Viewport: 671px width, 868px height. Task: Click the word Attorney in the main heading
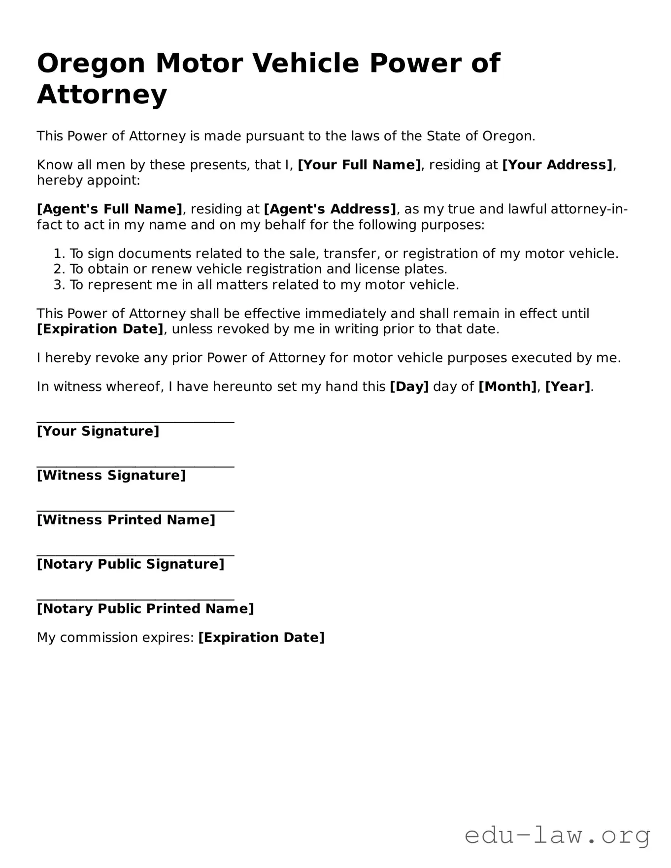pyautogui.click(x=102, y=95)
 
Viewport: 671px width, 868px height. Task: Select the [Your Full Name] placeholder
pyautogui.click(x=359, y=165)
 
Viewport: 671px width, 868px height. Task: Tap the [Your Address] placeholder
pyautogui.click(x=557, y=165)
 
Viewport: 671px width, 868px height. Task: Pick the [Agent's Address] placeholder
pyautogui.click(x=330, y=209)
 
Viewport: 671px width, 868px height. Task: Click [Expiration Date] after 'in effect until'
pyautogui.click(x=100, y=329)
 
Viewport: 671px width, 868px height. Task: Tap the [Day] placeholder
pyautogui.click(x=409, y=387)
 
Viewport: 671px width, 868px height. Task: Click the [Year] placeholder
pyautogui.click(x=568, y=387)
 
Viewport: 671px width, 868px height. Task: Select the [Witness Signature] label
pyautogui.click(x=111, y=476)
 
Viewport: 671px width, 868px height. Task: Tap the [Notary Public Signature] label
pyautogui.click(x=131, y=564)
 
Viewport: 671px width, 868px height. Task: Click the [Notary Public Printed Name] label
pyautogui.click(x=145, y=609)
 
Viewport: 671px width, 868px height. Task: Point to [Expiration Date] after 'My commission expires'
pyautogui.click(x=261, y=638)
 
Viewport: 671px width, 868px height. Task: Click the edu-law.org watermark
pyautogui.click(x=557, y=835)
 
